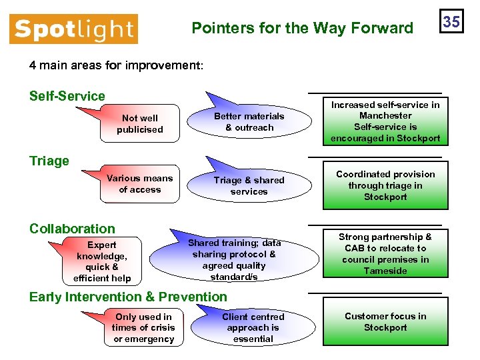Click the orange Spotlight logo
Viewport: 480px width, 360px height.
(73, 29)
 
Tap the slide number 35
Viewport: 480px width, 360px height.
(451, 21)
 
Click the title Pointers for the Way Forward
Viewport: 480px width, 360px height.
(302, 28)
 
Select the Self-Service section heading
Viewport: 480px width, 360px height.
(67, 96)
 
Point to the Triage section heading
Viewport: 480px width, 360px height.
(49, 161)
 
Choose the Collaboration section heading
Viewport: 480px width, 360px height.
(72, 229)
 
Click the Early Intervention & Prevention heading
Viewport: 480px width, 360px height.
(128, 297)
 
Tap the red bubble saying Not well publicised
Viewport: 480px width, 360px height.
(139, 124)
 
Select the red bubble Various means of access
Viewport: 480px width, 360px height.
(139, 184)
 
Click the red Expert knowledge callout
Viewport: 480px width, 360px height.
(102, 261)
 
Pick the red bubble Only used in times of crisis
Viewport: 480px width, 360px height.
(143, 328)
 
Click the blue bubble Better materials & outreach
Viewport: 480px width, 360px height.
(249, 122)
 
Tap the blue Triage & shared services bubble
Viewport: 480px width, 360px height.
(249, 186)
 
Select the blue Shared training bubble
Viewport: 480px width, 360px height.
(234, 259)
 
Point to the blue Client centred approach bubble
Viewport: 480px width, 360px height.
(253, 328)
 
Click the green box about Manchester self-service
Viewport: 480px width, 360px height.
(385, 121)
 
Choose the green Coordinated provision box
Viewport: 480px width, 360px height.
(385, 185)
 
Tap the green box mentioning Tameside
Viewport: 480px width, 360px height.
(385, 254)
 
